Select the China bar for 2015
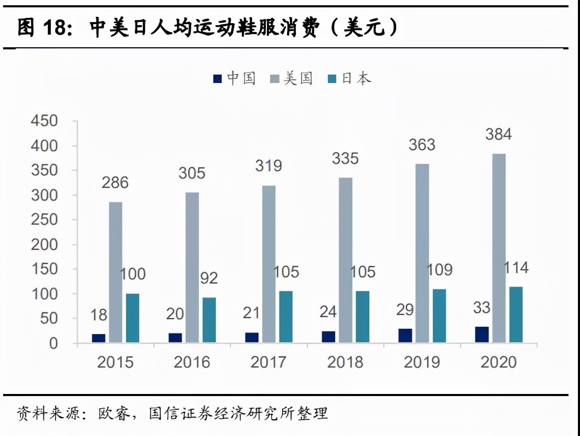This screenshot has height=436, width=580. pos(99,338)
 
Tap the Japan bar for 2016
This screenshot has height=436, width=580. pos(209,320)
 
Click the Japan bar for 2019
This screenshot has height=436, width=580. pos(439,316)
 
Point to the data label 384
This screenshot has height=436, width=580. pos(498,135)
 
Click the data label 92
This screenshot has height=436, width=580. pos(209,278)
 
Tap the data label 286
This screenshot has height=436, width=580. pos(115,183)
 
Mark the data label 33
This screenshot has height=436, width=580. pos(482,308)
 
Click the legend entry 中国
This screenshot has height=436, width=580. pos(234,79)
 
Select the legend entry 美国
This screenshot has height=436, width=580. pos(292,79)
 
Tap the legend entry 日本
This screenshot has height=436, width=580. pos(349,79)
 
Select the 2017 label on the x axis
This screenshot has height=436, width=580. pos(268,362)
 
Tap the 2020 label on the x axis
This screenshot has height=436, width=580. pos(499,362)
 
